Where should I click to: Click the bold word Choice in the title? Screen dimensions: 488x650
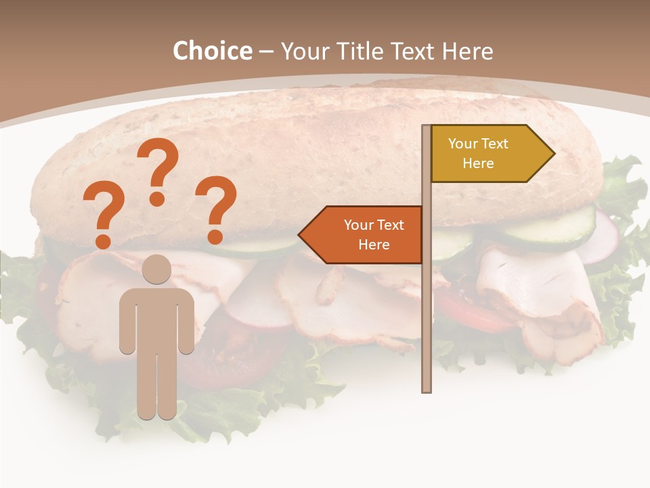(x=212, y=51)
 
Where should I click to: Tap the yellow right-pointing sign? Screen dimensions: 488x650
(x=484, y=153)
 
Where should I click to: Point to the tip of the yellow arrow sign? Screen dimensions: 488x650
(x=553, y=153)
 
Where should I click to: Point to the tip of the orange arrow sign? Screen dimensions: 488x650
(x=300, y=235)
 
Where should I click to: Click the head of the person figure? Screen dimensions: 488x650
(x=157, y=269)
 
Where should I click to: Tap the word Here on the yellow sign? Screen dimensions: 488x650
(x=478, y=163)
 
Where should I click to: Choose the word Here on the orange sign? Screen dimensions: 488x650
(x=374, y=245)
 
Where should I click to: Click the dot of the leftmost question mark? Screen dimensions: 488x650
(x=103, y=241)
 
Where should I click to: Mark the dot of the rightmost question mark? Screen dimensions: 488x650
(x=215, y=237)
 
